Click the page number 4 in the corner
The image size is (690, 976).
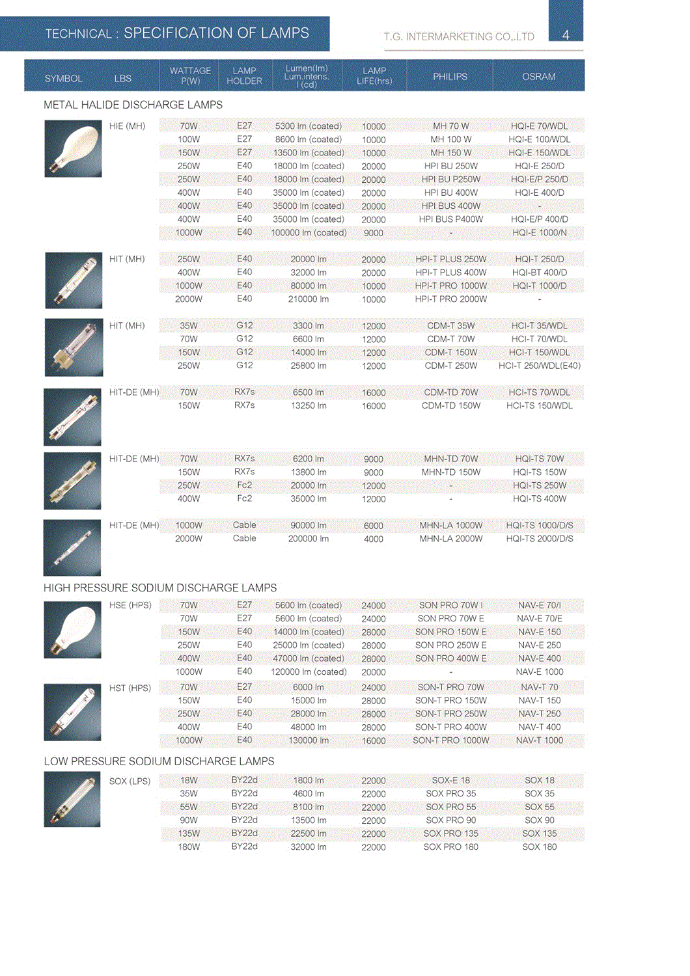[x=565, y=35]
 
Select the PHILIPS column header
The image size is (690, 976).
[x=450, y=76]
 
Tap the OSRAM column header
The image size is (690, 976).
[x=538, y=76]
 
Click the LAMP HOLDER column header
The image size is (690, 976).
[x=244, y=75]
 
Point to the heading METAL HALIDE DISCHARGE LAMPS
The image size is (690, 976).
[x=133, y=105]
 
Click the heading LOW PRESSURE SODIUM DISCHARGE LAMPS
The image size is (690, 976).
[x=159, y=761]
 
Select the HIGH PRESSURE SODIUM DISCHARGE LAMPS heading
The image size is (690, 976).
[x=160, y=588]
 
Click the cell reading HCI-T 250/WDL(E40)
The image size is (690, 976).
[x=539, y=366]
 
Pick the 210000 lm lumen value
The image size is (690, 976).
[x=308, y=299]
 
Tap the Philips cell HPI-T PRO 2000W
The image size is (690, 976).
[x=450, y=299]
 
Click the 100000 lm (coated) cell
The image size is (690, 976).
[x=309, y=232]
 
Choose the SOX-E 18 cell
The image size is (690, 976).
[x=450, y=780]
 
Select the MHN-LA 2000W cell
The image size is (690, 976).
[x=450, y=539]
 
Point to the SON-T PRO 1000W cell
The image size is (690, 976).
[x=450, y=740]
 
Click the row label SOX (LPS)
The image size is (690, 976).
[x=130, y=781]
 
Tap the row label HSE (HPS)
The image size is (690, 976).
[x=130, y=605]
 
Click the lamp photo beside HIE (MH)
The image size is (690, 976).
[x=73, y=148]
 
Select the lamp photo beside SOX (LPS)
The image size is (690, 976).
[x=72, y=799]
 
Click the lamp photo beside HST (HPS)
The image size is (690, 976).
[x=72, y=712]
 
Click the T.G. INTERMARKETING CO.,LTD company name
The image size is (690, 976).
[x=459, y=36]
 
